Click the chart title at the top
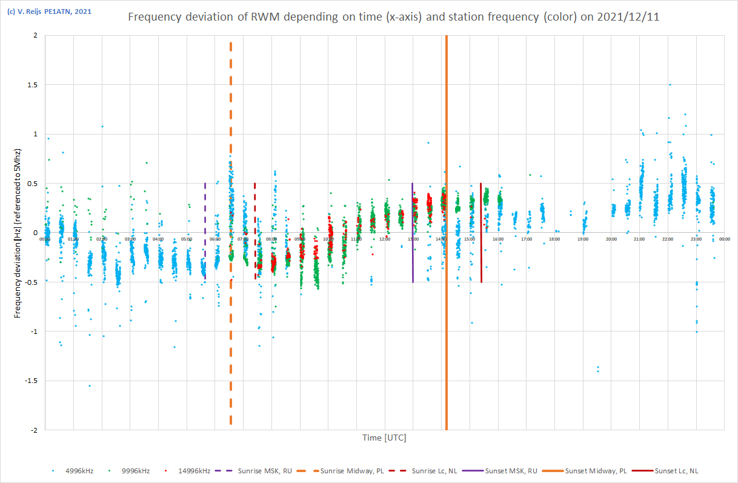tap(393, 17)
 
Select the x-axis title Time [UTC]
tap(384, 438)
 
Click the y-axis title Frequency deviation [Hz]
tap(18, 232)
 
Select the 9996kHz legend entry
tap(137, 470)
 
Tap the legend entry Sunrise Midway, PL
tap(351, 470)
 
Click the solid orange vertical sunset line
tap(447, 333)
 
